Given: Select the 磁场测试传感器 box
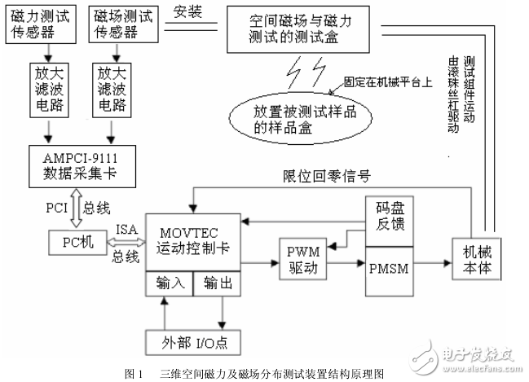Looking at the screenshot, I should (x=114, y=22).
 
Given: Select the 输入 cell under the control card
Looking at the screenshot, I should (x=168, y=283).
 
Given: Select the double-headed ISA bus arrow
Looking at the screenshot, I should (x=128, y=242).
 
